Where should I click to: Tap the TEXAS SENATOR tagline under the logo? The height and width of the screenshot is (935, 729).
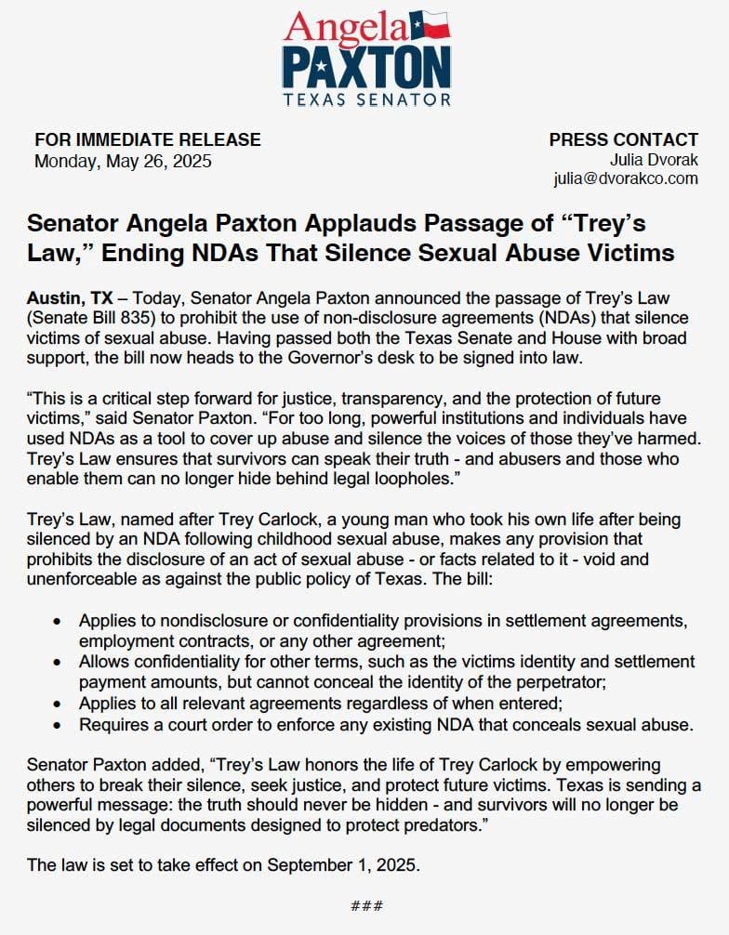[365, 99]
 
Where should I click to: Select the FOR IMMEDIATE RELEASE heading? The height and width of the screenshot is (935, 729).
[148, 140]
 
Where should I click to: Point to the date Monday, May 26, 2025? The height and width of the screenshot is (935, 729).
[123, 161]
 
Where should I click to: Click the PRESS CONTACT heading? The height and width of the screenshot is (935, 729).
[623, 140]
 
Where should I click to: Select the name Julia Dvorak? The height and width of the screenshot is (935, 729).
[655, 160]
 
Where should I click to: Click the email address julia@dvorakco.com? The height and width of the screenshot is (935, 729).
[625, 178]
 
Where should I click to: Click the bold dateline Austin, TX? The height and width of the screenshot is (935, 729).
[70, 298]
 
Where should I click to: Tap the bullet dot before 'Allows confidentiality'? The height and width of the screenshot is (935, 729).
[59, 663]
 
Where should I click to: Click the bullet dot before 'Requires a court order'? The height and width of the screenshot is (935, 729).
[59, 723]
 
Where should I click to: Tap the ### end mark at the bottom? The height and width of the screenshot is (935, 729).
[366, 905]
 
